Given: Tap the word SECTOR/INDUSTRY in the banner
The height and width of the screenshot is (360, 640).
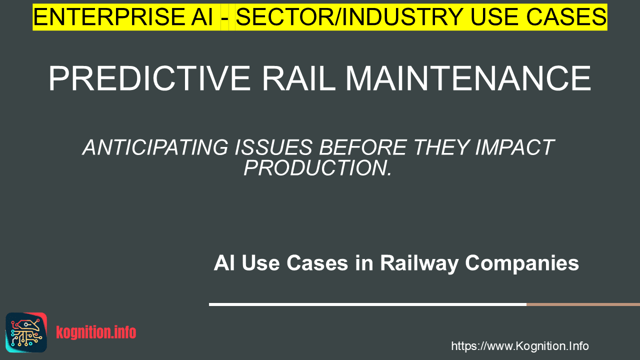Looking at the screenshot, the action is [x=349, y=17].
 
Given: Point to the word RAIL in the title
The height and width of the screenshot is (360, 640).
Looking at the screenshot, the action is [x=299, y=78].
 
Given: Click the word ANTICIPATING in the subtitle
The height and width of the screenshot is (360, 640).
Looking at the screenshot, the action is [x=155, y=147].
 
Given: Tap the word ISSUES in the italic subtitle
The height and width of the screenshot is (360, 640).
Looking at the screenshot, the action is [x=273, y=147].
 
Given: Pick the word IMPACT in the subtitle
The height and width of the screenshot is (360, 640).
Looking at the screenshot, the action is [x=515, y=147].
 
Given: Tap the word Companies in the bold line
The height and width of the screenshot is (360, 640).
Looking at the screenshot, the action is [x=522, y=263].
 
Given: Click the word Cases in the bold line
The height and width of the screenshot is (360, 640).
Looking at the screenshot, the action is [x=317, y=263].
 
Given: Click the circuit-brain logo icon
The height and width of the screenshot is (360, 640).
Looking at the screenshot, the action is [x=26, y=332].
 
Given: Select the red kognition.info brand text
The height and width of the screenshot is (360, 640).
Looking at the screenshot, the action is [x=96, y=332].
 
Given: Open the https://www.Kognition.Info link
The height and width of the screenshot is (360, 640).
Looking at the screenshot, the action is [x=520, y=346].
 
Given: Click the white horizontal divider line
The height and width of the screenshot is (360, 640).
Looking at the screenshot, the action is [x=367, y=304].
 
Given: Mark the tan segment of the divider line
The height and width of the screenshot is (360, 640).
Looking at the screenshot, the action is [x=583, y=304].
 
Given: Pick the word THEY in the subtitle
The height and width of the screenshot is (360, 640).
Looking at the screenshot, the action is [x=441, y=147].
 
